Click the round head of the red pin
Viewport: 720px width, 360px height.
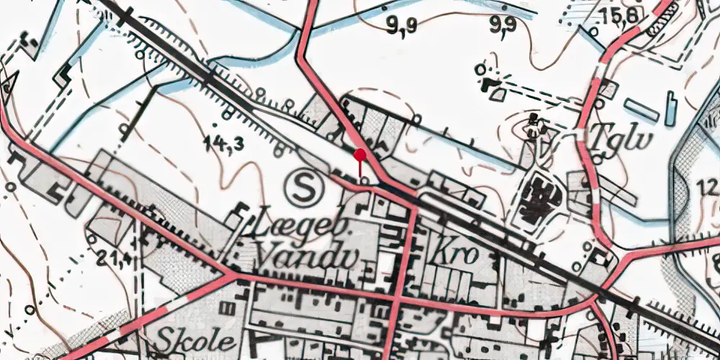click(360, 154)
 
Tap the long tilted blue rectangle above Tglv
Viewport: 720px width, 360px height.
click(640, 109)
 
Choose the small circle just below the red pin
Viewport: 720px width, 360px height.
click(364, 181)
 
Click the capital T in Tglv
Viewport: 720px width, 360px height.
click(599, 137)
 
